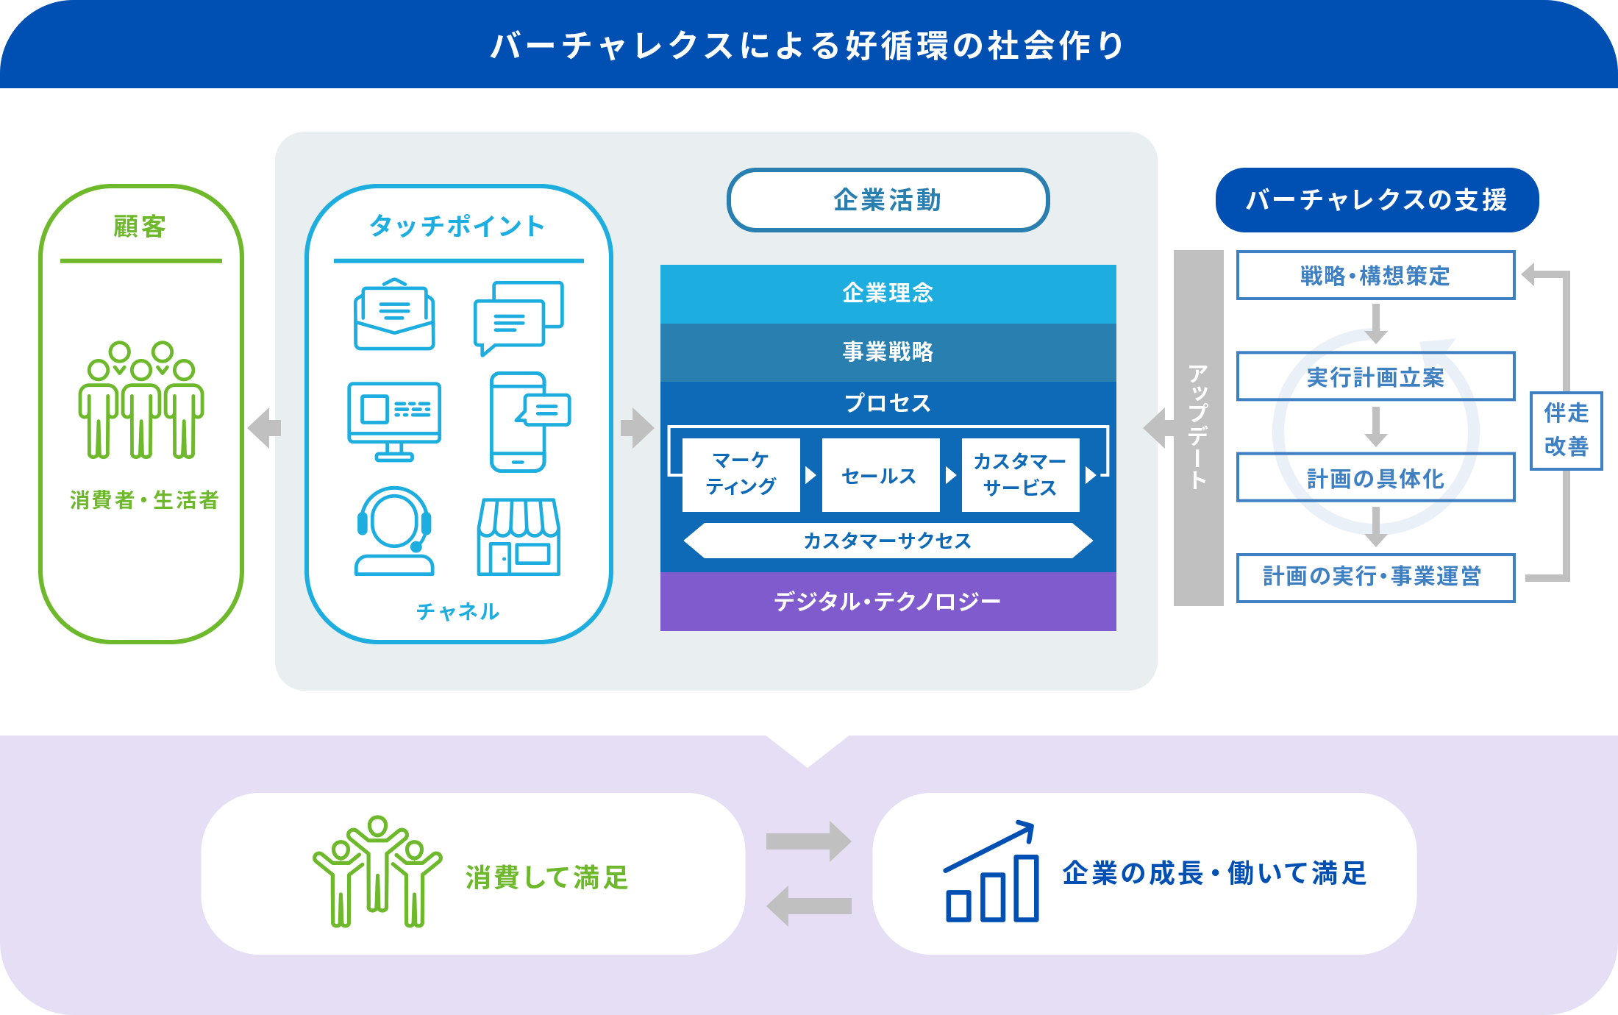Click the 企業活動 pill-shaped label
point(888,200)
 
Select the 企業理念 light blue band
point(888,293)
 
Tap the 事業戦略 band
point(888,352)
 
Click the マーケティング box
point(741,474)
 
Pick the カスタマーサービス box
point(1020,474)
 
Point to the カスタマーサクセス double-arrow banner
point(888,541)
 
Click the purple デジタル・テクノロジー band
point(888,602)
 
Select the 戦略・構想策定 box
point(1375,276)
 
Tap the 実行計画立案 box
point(1375,377)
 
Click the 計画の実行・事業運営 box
point(1375,577)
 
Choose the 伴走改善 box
point(1566,430)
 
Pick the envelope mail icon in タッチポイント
point(394,315)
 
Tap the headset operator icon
point(394,531)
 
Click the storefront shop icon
point(519,537)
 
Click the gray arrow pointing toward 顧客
point(265,427)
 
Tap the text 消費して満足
point(547,877)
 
